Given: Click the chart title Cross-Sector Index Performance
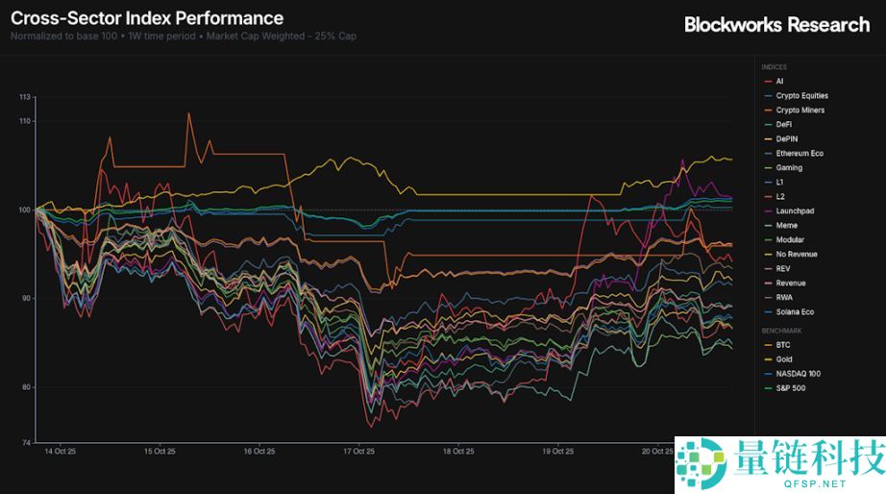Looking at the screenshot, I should (x=147, y=18).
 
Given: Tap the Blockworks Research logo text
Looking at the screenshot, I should (x=776, y=24).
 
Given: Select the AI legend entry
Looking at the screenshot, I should (x=779, y=82).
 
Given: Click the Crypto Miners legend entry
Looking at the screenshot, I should (x=800, y=111).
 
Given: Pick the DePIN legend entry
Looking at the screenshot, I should (x=786, y=139).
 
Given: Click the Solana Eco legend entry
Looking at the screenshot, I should (x=795, y=312).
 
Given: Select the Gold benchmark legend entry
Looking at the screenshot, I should (x=783, y=359).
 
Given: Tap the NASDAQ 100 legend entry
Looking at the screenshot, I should (x=798, y=374).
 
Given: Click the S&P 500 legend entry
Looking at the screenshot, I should (x=790, y=388).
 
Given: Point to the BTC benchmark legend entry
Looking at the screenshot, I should (x=782, y=345).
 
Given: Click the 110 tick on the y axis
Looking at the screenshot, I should (x=24, y=121).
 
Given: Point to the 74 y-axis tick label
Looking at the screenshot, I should (x=26, y=442).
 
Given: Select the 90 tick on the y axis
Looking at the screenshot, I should (x=25, y=298).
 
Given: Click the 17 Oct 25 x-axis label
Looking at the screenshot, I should (x=357, y=451).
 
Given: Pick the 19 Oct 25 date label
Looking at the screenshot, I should (x=557, y=451).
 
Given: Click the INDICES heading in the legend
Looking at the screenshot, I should (x=774, y=67).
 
